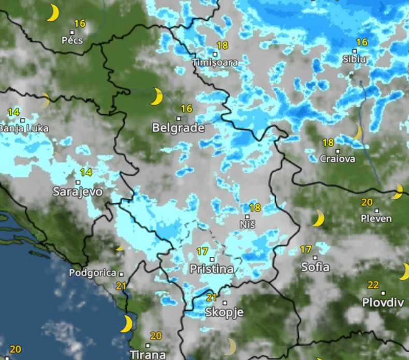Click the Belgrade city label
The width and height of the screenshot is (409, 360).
pyautogui.click(x=178, y=128)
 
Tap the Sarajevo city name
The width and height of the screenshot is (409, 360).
pyautogui.click(x=78, y=192)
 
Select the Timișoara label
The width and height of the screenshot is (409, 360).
pyautogui.click(x=215, y=63)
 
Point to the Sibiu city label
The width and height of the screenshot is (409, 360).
pyautogui.click(x=354, y=59)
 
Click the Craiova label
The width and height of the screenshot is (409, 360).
pyautogui.click(x=338, y=159)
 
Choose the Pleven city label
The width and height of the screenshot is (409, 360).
pyautogui.click(x=376, y=219)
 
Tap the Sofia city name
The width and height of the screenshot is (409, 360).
pyautogui.click(x=315, y=267)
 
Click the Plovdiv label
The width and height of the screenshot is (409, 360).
pyautogui.click(x=383, y=302)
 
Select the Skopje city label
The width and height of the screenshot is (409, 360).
pyautogui.click(x=224, y=312)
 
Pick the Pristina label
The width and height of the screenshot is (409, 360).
pyautogui.click(x=211, y=269)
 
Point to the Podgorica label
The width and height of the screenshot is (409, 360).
pyautogui.click(x=92, y=273)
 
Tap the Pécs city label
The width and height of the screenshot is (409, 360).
pyautogui.click(x=72, y=40)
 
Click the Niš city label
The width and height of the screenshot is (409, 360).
pyautogui.click(x=247, y=225)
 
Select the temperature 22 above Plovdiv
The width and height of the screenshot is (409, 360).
pyautogui.click(x=373, y=284)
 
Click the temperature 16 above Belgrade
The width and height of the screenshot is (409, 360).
pyautogui.click(x=186, y=109)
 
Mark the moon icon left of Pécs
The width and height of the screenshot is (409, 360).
pyautogui.click(x=52, y=12)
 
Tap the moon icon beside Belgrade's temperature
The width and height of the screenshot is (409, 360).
pyautogui.click(x=157, y=96)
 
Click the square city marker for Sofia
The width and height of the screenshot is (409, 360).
pyautogui.click(x=315, y=257)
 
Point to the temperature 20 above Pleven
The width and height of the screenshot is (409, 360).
pyautogui.click(x=367, y=202)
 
